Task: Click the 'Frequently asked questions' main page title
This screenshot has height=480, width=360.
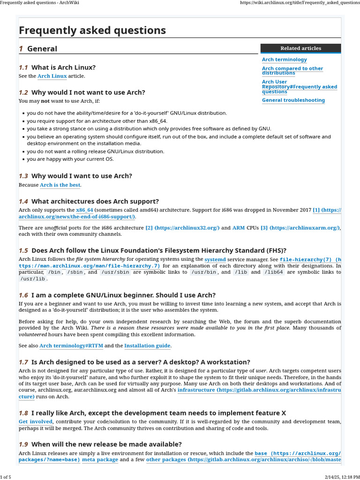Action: tap(92, 30)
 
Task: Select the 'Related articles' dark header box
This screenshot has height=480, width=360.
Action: tap(300, 48)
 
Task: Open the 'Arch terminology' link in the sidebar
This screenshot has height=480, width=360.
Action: tap(284, 60)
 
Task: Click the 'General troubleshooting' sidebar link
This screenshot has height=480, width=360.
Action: tap(293, 100)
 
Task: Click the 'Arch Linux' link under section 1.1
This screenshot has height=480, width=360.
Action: tap(52, 76)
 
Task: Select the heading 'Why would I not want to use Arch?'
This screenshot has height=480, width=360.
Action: tap(88, 92)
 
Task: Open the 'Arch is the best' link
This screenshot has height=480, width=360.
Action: tap(60, 185)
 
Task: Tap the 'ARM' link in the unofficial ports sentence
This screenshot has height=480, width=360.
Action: tap(239, 228)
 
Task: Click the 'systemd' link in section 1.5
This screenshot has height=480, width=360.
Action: tap(215, 259)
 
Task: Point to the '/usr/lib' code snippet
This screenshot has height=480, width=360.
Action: tap(33, 279)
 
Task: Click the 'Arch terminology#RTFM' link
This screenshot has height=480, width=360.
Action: tap(71, 346)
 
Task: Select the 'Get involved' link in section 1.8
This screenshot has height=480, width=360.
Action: tap(36, 422)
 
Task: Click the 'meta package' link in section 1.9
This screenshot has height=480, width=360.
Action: tap(100, 460)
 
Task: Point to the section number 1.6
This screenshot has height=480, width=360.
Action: tap(23, 295)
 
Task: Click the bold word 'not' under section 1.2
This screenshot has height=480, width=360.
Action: tap(45, 101)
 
